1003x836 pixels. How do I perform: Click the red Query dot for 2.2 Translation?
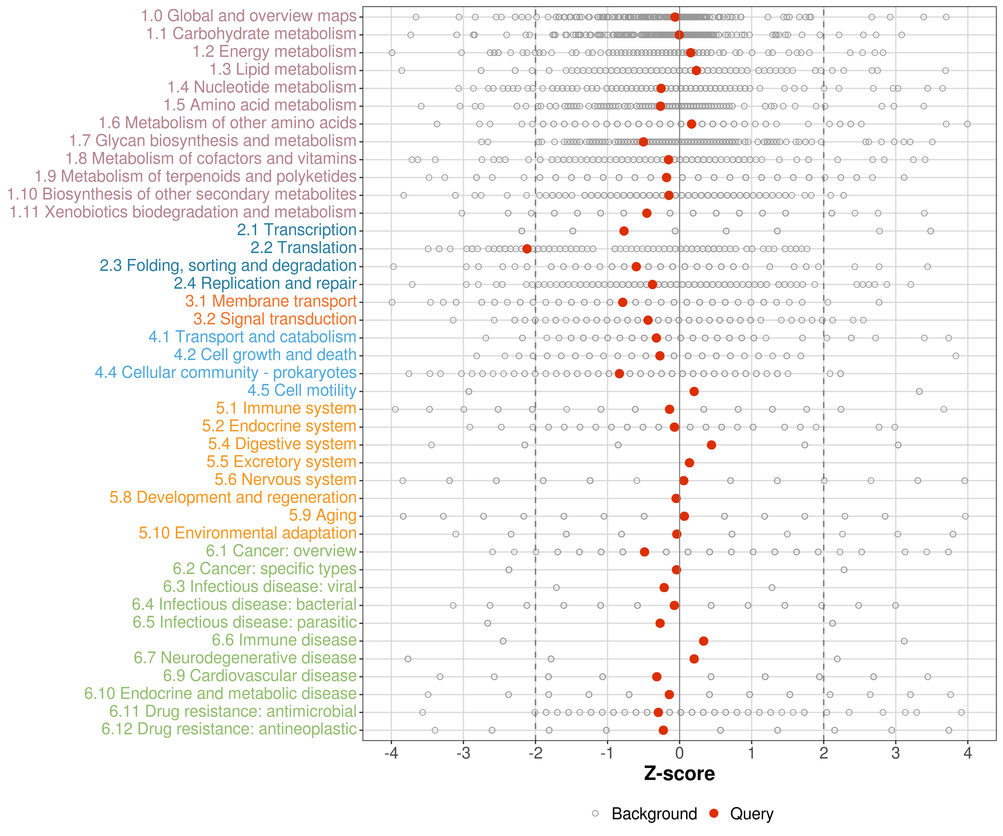tap(527, 249)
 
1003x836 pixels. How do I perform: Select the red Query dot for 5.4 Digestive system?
tap(711, 445)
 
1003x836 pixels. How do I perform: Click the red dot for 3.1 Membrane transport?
tap(622, 302)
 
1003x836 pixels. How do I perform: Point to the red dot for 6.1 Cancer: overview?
tap(644, 552)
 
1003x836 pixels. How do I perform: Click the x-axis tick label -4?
tap(391, 753)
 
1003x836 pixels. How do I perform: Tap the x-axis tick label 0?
tap(679, 753)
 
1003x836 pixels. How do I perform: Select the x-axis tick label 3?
tap(895, 753)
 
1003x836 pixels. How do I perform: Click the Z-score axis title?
tap(679, 773)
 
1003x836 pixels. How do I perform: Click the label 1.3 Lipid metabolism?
tap(283, 70)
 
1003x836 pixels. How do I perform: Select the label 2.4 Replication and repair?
tap(265, 284)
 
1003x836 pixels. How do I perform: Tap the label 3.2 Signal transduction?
tap(275, 319)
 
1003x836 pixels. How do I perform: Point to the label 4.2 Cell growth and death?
tap(265, 355)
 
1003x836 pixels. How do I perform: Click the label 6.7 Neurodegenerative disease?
tap(245, 658)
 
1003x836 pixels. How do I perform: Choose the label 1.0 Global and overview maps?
tap(248, 16)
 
